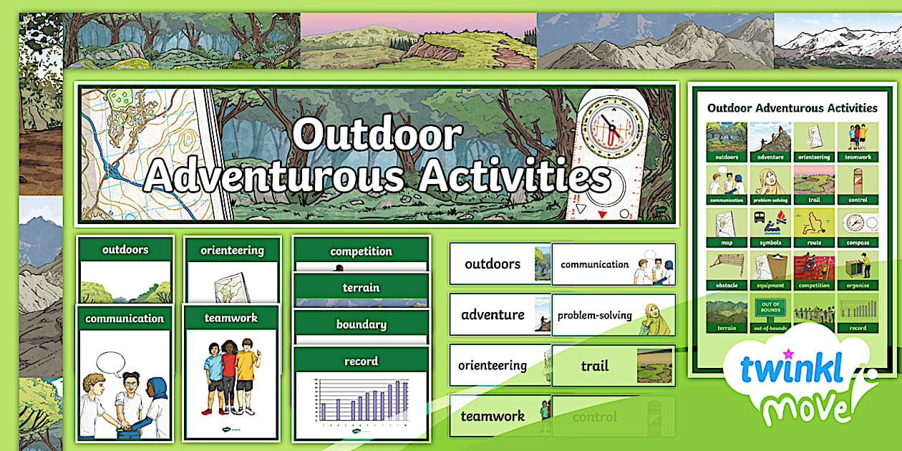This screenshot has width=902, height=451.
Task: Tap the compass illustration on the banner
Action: [x=611, y=130]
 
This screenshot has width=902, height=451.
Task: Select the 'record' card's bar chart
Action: [x=362, y=402]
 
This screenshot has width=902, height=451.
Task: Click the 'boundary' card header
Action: [x=361, y=324]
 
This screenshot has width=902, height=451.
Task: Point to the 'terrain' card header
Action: [x=361, y=288]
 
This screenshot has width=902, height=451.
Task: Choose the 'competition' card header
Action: [x=361, y=251]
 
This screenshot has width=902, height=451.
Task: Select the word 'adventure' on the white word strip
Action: [x=493, y=315]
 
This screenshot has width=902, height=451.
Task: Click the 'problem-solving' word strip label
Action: [x=594, y=316]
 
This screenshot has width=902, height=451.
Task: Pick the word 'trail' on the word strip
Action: [x=594, y=367]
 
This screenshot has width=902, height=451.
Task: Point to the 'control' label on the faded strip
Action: [x=594, y=417]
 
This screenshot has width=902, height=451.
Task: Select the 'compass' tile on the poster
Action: [x=857, y=228]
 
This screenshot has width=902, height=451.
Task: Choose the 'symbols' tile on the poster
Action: [x=770, y=228]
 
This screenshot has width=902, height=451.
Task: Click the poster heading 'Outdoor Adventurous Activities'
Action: [x=792, y=108]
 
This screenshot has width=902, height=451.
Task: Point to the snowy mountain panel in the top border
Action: [x=838, y=41]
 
